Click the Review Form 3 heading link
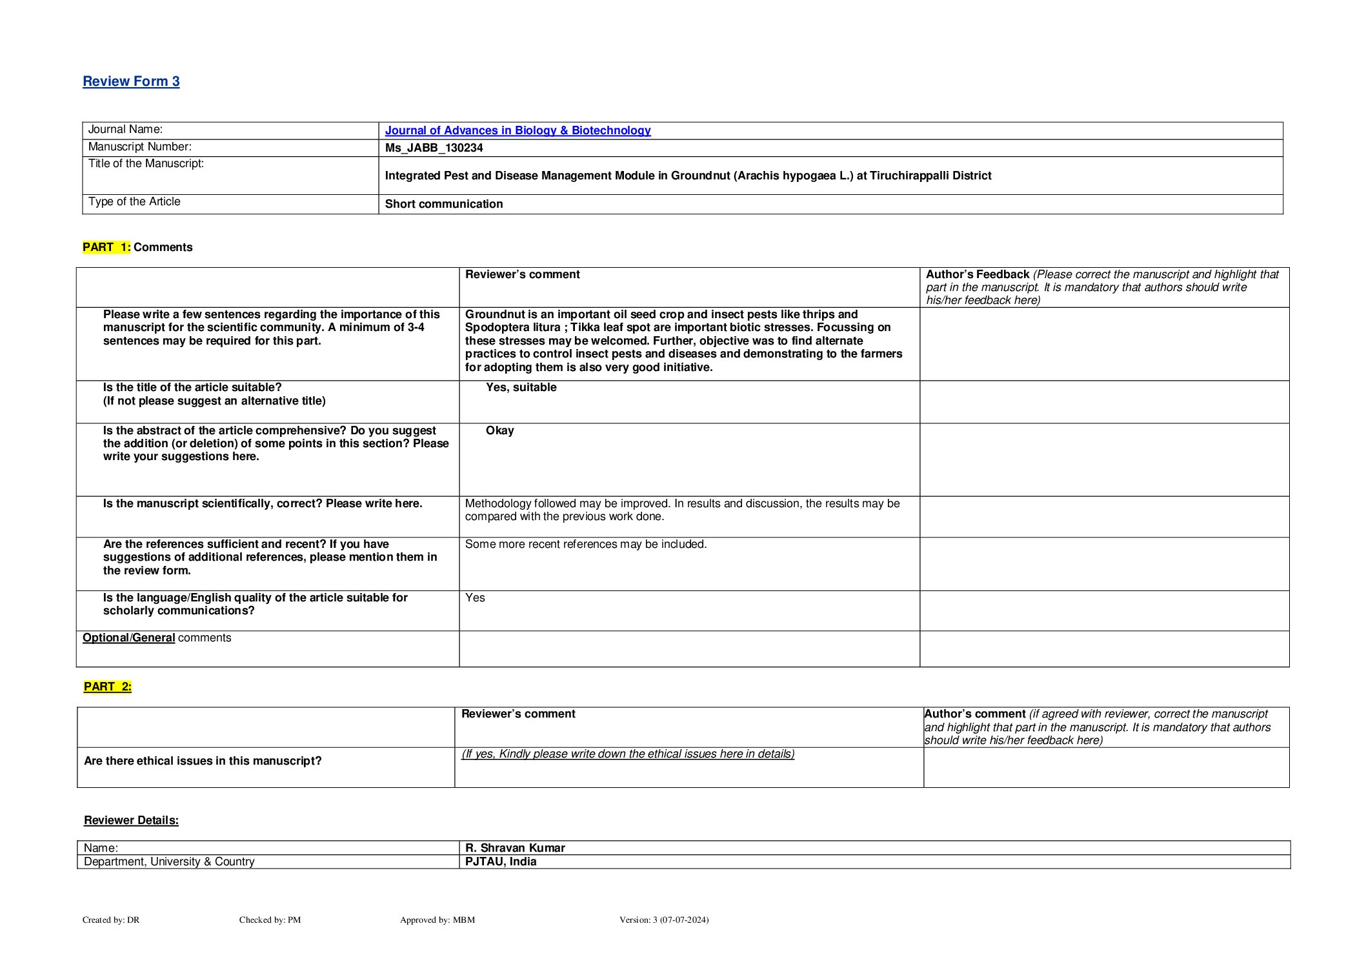(x=131, y=81)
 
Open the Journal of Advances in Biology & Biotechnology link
(x=517, y=130)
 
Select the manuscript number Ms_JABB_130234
(x=434, y=148)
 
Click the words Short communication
(x=444, y=204)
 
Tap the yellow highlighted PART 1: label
(x=106, y=247)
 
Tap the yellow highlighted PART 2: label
(x=108, y=687)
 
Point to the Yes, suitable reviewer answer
(x=521, y=387)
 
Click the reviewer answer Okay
(x=499, y=430)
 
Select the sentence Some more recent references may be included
(x=586, y=544)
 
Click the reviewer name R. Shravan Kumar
(x=515, y=848)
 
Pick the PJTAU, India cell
(x=501, y=861)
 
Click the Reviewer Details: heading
(x=131, y=820)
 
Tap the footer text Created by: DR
(x=111, y=920)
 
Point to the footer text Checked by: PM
(x=270, y=920)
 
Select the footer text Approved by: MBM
(x=437, y=920)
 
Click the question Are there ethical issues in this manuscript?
(x=203, y=761)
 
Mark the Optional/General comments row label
(x=157, y=638)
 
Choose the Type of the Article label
(x=134, y=201)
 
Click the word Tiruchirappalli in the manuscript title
(x=910, y=176)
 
